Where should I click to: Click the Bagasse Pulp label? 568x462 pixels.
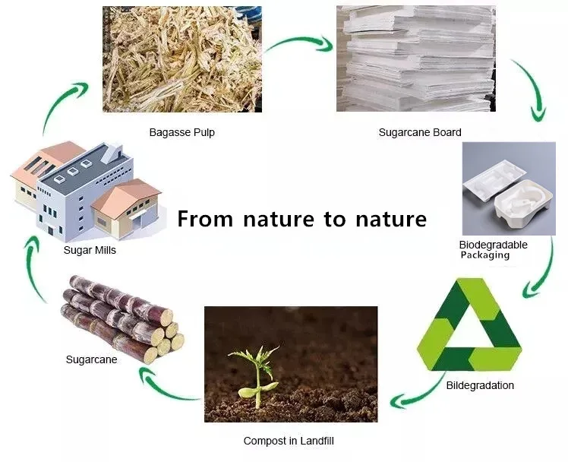tap(181, 132)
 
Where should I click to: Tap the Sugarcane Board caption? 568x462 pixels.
tap(419, 132)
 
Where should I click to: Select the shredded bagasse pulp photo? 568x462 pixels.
tap(181, 59)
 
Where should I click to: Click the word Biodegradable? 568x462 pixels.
tap(493, 245)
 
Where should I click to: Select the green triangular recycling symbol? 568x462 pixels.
tap(470, 327)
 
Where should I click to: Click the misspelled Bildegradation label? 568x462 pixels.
tap(480, 385)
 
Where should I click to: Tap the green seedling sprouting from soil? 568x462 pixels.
tap(254, 372)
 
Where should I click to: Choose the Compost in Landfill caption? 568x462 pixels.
tap(288, 441)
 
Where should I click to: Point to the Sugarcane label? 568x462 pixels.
tap(91, 359)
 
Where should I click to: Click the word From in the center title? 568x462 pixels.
tap(205, 219)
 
